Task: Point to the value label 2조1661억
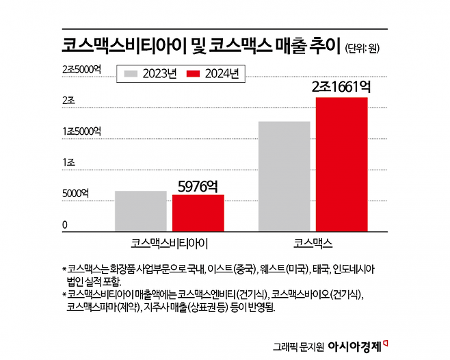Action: pos(341,87)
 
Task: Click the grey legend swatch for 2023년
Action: pos(130,74)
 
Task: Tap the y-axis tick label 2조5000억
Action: pos(81,69)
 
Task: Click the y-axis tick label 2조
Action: pos(68,100)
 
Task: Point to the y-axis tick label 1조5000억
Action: pos(81,131)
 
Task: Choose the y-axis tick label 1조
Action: pos(68,162)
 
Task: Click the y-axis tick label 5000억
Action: pos(75,194)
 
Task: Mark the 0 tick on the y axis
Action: pos(65,224)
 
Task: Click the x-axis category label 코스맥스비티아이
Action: pos(169,243)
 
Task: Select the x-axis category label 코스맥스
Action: pos(313,243)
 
